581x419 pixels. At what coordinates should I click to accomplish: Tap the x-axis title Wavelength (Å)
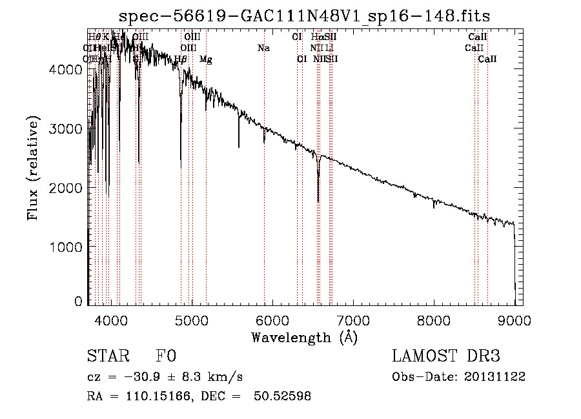point(304,337)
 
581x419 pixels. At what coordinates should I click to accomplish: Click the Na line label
point(263,48)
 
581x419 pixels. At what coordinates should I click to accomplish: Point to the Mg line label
point(205,59)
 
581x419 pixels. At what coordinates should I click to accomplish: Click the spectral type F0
point(166,357)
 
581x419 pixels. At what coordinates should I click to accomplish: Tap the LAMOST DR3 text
point(446,357)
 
